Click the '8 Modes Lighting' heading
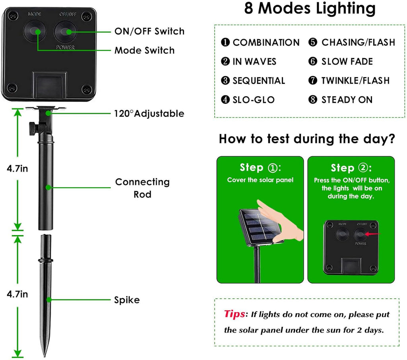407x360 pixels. coord(310,9)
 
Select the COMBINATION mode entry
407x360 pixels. coord(260,43)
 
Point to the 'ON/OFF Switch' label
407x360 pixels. coord(149,31)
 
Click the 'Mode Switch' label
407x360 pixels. coord(144,51)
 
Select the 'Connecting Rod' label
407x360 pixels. coord(142,188)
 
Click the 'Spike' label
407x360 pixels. coord(127,300)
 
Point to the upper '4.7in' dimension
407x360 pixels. coord(17,169)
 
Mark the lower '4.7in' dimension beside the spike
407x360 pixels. coord(17,294)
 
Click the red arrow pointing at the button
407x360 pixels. coord(373,234)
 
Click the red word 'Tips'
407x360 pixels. coord(235,314)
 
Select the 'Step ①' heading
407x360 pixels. coord(260,167)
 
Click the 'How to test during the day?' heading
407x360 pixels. coord(307,139)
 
